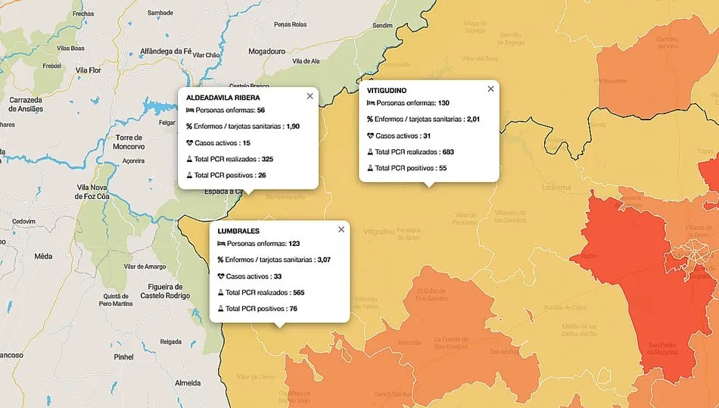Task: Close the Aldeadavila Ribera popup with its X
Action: pyautogui.click(x=310, y=96)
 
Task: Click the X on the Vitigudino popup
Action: pyautogui.click(x=490, y=89)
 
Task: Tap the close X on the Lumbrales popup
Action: pyautogui.click(x=341, y=229)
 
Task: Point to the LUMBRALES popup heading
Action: pyautogui.click(x=238, y=231)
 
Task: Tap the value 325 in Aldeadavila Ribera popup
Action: pyautogui.click(x=266, y=160)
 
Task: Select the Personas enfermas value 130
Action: pyautogui.click(x=444, y=103)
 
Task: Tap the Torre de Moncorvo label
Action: pyautogui.click(x=125, y=142)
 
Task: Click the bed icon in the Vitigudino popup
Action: pyautogui.click(x=371, y=103)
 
